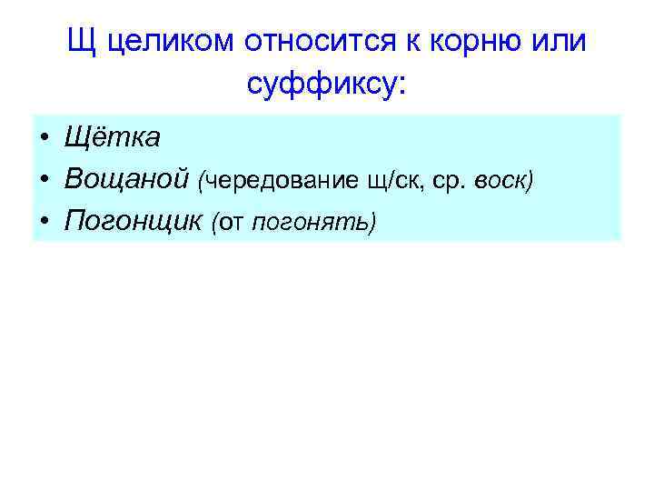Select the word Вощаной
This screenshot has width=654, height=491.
tap(125, 179)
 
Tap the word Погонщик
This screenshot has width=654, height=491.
tap(133, 221)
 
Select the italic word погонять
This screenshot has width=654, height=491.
tap(312, 223)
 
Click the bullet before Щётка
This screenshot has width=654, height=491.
tap(45, 138)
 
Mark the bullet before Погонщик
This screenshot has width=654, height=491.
tap(45, 222)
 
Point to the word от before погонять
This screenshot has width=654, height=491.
tap(231, 223)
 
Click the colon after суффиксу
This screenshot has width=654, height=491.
tap(403, 85)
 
